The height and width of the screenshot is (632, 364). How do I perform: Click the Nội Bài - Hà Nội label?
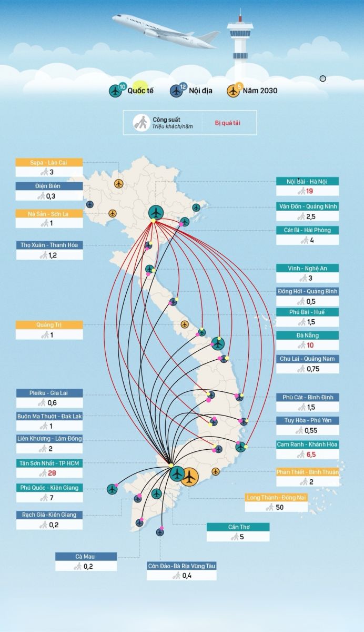[307, 182]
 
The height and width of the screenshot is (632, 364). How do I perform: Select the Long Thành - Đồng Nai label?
[276, 497]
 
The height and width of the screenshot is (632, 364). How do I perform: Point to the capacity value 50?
[279, 507]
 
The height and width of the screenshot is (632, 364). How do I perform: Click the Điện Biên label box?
[49, 186]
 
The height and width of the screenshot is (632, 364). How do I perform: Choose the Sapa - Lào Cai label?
[49, 162]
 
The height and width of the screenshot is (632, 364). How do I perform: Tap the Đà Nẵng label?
[307, 335]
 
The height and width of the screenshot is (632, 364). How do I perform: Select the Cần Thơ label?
[238, 527]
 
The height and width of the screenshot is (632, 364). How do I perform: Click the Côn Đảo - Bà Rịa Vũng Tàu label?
[181, 566]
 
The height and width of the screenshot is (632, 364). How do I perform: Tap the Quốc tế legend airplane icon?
[116, 91]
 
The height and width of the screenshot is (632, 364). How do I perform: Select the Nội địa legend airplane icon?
[176, 91]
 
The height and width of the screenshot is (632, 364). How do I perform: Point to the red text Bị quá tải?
[228, 123]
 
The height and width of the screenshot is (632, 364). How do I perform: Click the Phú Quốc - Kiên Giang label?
[49, 488]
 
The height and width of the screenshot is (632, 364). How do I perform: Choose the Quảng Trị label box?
[49, 325]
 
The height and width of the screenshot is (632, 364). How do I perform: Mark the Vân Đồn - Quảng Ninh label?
[307, 206]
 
